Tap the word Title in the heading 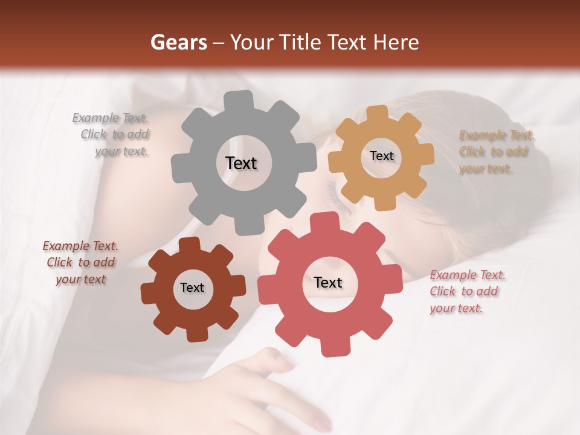click(x=301, y=42)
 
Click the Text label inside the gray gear click(x=241, y=163)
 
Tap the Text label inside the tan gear click(x=381, y=156)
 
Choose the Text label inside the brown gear click(x=192, y=288)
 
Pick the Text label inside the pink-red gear click(x=328, y=282)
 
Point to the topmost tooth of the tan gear click(x=378, y=114)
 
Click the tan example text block click(x=495, y=152)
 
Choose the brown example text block click(x=81, y=263)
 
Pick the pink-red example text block click(x=466, y=292)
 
